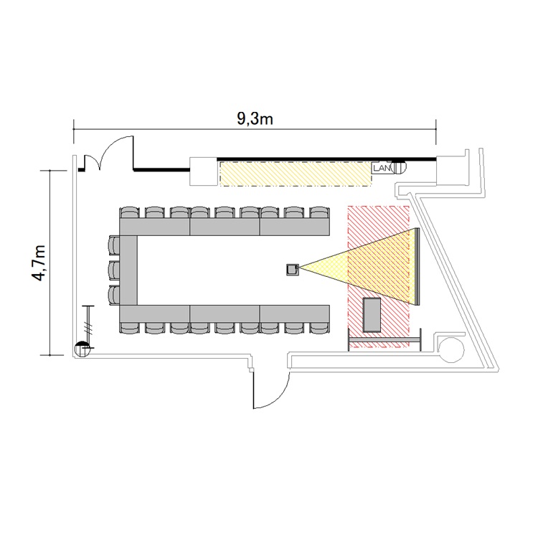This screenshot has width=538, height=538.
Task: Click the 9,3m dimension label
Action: (255, 119)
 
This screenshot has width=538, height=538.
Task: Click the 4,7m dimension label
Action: (39, 263)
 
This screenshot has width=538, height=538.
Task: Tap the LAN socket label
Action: (382, 168)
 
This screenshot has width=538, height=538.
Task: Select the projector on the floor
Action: (293, 269)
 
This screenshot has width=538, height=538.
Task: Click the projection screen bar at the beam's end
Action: (417, 266)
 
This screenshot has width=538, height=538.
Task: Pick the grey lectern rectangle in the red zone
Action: (372, 315)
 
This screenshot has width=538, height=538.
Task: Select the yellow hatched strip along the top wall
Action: (296, 174)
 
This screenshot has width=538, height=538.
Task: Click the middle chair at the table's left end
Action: (114, 270)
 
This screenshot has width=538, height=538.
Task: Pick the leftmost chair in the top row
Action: (129, 212)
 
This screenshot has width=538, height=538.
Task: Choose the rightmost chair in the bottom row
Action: (319, 328)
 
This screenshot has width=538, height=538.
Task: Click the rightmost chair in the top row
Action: (319, 212)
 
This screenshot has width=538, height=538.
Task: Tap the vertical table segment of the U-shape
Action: (128, 270)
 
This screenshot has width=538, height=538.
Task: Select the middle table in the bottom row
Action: (225, 313)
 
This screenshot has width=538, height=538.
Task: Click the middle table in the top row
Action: (225, 227)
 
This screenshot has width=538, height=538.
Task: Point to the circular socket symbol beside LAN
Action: (399, 167)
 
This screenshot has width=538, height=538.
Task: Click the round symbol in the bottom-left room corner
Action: (82, 349)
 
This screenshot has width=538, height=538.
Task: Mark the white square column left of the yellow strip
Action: (204, 171)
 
